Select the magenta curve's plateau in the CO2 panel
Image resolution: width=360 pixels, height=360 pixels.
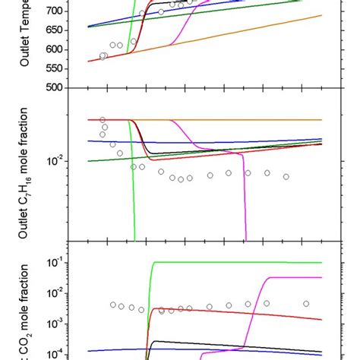(296, 278)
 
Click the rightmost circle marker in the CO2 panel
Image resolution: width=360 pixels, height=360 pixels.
(307, 303)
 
